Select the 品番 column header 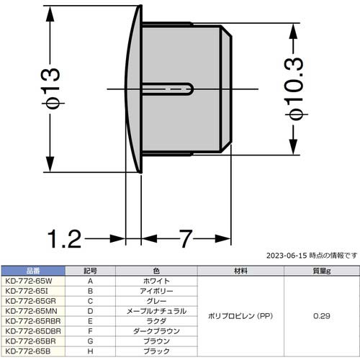(x=33, y=271)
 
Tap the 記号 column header (x=90, y=271)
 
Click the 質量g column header (x=320, y=271)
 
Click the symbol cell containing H (x=90, y=351)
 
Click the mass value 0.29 (x=320, y=316)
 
